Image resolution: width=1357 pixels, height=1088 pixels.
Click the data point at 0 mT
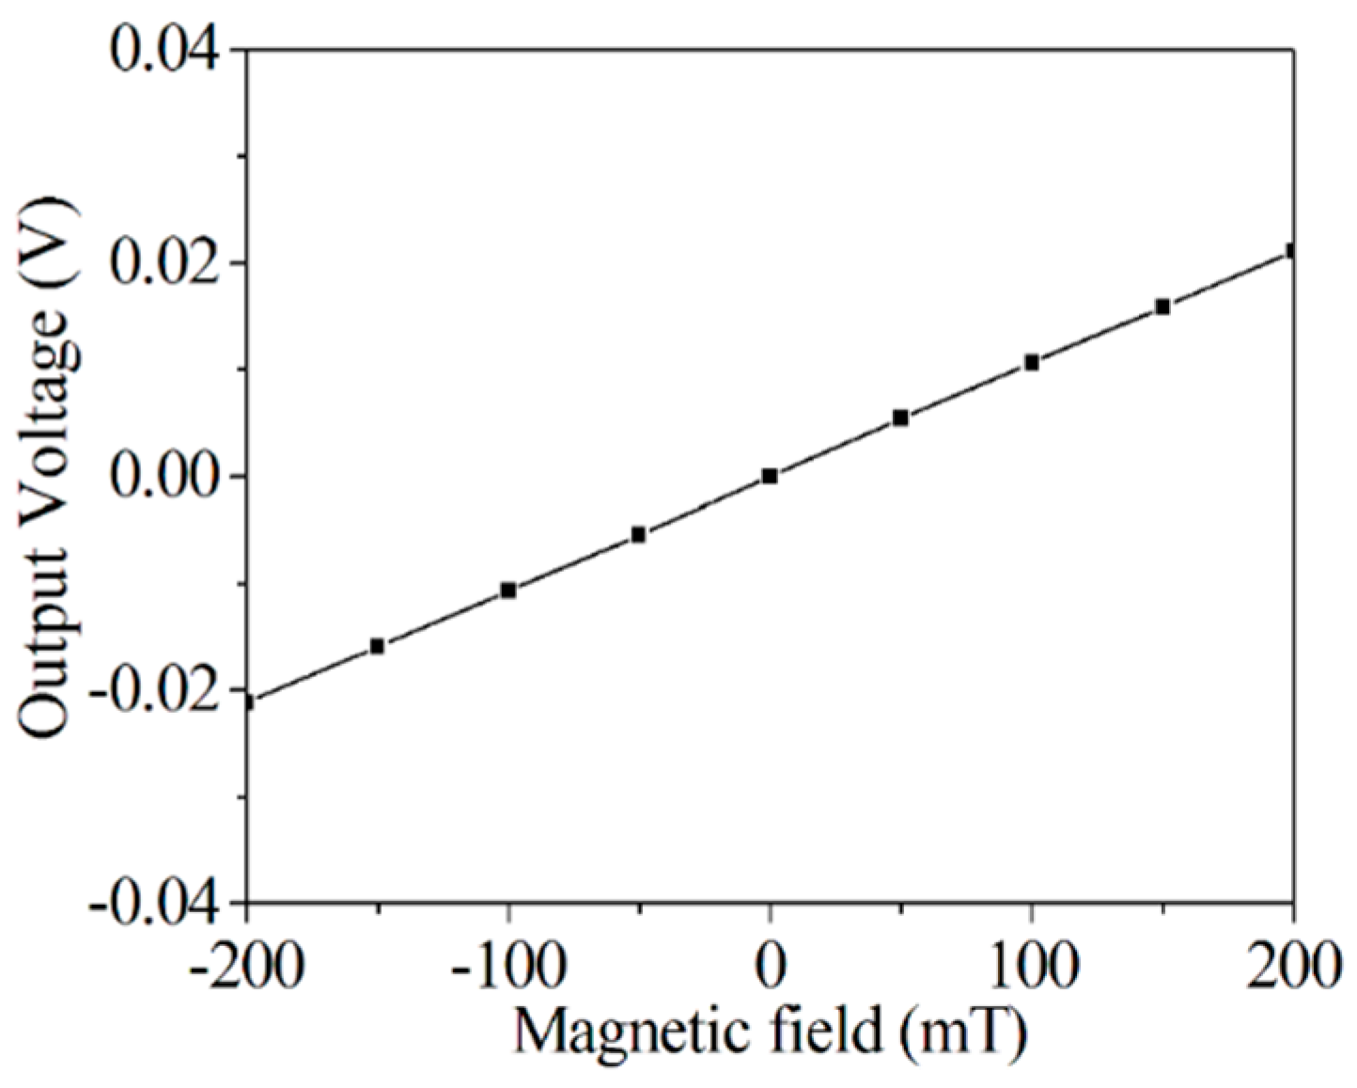(x=770, y=476)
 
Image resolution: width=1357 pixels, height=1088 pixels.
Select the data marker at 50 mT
(x=900, y=418)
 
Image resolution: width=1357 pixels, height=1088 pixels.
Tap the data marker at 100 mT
(x=1031, y=362)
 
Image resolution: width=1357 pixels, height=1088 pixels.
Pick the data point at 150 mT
(x=1162, y=307)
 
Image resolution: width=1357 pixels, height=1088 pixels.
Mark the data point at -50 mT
(x=639, y=534)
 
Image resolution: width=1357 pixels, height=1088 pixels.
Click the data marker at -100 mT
(x=508, y=590)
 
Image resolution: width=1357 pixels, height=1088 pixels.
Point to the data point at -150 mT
(x=377, y=646)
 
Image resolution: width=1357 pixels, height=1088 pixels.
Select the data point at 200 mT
(x=1292, y=251)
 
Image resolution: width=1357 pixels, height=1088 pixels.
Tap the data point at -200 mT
(x=247, y=702)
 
